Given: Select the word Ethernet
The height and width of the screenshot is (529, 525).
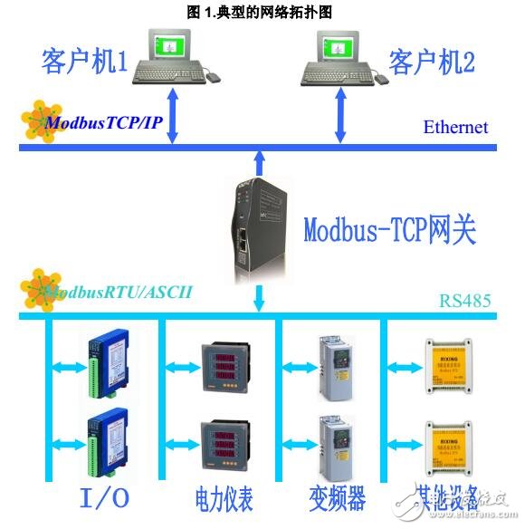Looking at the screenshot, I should pyautogui.click(x=455, y=128).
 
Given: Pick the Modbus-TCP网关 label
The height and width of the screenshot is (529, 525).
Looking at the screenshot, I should pyautogui.click(x=388, y=230).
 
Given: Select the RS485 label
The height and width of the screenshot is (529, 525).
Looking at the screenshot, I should pyautogui.click(x=465, y=299).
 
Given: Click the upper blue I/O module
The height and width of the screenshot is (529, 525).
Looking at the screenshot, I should pyautogui.click(x=108, y=363).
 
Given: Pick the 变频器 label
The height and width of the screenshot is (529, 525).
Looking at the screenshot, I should pyautogui.click(x=336, y=498).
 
